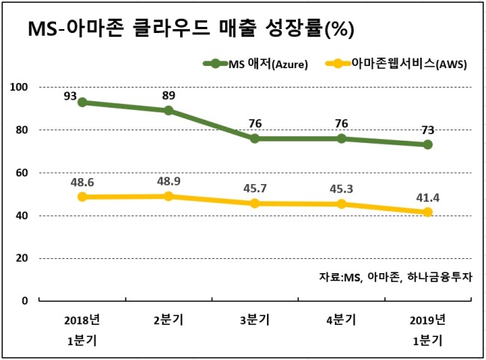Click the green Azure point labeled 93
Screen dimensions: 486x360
[82, 102]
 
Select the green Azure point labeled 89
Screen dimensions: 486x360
[169, 111]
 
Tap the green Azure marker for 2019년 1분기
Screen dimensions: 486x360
[428, 144]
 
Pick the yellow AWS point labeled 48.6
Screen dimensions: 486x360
[82, 197]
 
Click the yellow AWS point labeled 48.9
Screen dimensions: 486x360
[169, 196]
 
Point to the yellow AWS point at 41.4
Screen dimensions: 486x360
[428, 213]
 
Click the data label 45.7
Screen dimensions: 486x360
[255, 189]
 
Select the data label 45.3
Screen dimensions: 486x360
[341, 189]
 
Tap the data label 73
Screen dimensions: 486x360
[428, 130]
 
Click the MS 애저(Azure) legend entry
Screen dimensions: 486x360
[256, 64]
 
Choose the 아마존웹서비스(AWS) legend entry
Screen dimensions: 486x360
[396, 64]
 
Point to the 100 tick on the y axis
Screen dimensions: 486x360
[19, 88]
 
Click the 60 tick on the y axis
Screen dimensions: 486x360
[22, 173]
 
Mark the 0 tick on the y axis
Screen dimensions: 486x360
[25, 301]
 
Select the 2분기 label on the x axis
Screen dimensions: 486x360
[169, 320]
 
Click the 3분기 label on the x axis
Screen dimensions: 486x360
[255, 320]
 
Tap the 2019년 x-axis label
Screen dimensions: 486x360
[428, 320]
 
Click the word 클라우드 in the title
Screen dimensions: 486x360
[172, 28]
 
